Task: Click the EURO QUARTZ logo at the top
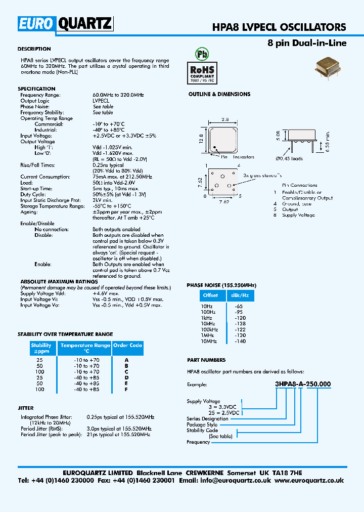pyautogui.click(x=66, y=23)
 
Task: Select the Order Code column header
pyautogui.click(x=128, y=348)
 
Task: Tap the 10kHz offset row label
pyautogui.click(x=208, y=323)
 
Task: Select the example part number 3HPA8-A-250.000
pyautogui.click(x=303, y=384)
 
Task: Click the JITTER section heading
pyautogui.click(x=26, y=408)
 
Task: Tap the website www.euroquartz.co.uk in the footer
pyautogui.click(x=309, y=481)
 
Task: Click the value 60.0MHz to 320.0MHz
pyautogui.click(x=118, y=95)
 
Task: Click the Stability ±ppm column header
pyautogui.click(x=41, y=348)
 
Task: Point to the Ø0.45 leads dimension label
pyautogui.click(x=289, y=159)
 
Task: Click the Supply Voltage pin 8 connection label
pyautogui.click(x=298, y=215)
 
